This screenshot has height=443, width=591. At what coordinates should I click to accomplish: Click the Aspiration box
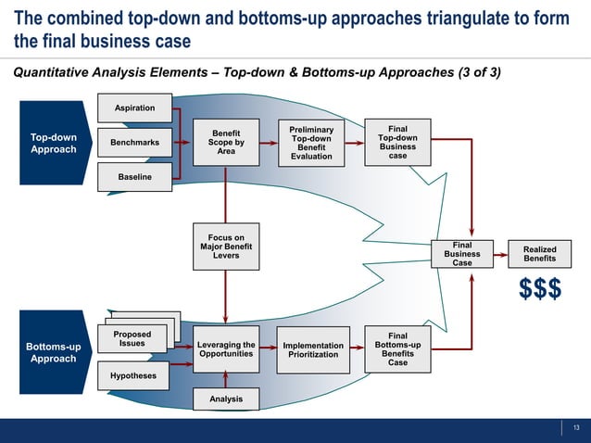click(134, 109)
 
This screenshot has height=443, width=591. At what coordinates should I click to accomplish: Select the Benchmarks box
click(134, 143)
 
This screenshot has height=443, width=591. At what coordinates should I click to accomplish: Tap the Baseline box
click(134, 176)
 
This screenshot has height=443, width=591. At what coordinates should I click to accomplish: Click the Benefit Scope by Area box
click(226, 143)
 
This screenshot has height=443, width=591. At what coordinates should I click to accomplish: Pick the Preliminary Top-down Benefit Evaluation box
click(311, 144)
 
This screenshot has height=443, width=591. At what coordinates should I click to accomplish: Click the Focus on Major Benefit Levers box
click(226, 247)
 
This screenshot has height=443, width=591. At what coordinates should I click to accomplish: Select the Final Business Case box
click(462, 254)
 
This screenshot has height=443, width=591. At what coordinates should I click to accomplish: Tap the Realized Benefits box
click(540, 254)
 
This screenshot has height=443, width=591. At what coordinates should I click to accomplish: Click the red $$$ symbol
click(539, 289)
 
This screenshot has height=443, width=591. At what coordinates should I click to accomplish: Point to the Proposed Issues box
click(132, 339)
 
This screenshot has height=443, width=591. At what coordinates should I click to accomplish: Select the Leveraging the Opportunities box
click(226, 350)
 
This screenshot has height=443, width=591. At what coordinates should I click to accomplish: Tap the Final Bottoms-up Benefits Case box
click(397, 349)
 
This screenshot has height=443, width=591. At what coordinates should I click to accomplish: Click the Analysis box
click(226, 399)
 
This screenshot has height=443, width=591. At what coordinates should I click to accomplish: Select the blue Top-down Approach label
click(54, 144)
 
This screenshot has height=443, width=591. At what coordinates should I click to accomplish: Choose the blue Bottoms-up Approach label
click(54, 353)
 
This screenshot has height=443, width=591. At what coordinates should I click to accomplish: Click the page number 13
click(576, 427)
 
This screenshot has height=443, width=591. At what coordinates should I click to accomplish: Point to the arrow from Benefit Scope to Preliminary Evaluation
click(269, 144)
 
